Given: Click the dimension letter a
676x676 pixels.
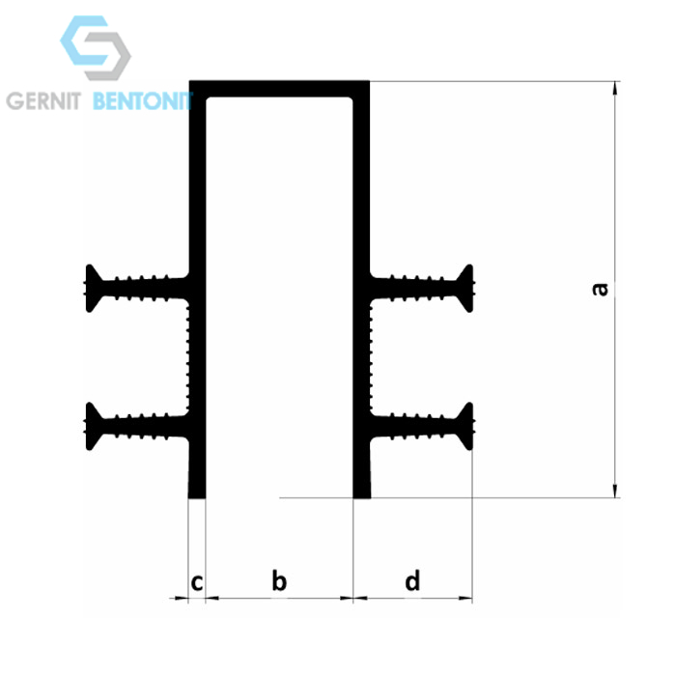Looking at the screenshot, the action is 600,290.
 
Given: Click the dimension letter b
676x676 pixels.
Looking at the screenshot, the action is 279,580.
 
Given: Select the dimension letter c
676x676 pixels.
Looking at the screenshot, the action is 197,583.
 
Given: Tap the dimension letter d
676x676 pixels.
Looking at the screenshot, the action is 412,580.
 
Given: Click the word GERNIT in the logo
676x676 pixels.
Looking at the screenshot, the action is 43,101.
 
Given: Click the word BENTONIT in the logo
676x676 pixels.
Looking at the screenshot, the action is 142,101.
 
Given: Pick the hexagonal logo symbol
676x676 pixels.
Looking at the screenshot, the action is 96,48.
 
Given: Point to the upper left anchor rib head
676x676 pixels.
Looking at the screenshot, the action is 94,289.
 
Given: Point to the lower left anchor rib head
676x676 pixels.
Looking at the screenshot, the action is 94,427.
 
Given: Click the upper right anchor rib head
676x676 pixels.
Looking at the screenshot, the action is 465,289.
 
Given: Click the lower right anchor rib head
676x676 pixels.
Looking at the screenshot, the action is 465,427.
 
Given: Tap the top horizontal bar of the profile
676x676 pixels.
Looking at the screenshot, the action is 279,89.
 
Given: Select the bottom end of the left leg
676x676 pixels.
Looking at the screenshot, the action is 197,497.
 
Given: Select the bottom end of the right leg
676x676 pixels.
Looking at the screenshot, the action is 362,497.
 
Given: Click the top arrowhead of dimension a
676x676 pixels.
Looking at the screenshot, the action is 615,88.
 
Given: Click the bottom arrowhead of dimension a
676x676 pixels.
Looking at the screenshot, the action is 615,491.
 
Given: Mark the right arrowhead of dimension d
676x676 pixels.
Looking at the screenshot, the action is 465,598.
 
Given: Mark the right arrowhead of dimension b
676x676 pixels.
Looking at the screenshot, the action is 346,598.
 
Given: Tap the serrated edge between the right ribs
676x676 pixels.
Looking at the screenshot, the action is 370,357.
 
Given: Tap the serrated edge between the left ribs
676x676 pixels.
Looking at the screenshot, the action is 188,357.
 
